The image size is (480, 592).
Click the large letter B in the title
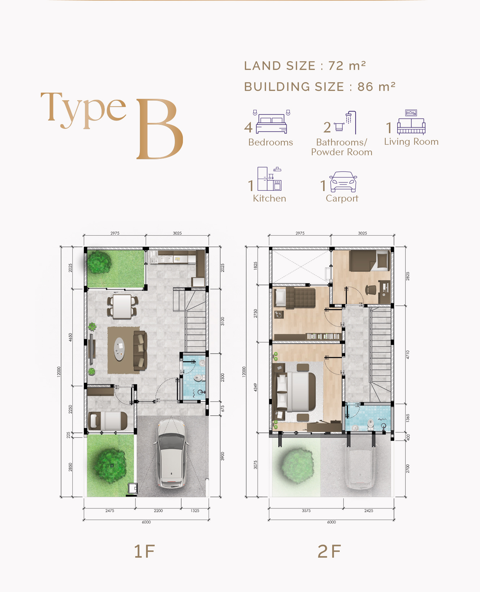pos(159,129)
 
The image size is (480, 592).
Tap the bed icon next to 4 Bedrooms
pos(271,122)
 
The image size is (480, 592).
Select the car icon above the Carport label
pos(343,182)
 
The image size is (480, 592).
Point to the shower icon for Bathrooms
pos(346,123)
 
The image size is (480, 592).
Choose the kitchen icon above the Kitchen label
pos(269,179)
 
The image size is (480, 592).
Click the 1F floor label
pos(144,551)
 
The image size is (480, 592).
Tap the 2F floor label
pos(329,551)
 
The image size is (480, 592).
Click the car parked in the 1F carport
pos(171,453)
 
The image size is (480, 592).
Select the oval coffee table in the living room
pos(119,349)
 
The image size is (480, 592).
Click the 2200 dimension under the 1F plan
pos(158,511)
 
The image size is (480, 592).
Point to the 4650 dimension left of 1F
pos(70,337)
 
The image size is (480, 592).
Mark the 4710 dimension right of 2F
pos(408,354)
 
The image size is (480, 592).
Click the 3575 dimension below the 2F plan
pos(306,511)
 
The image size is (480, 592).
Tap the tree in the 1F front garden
pos(110,465)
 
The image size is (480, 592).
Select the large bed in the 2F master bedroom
pos(296,392)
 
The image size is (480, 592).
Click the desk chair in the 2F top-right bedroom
pos(370,290)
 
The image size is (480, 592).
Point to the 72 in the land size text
pos(336,66)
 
